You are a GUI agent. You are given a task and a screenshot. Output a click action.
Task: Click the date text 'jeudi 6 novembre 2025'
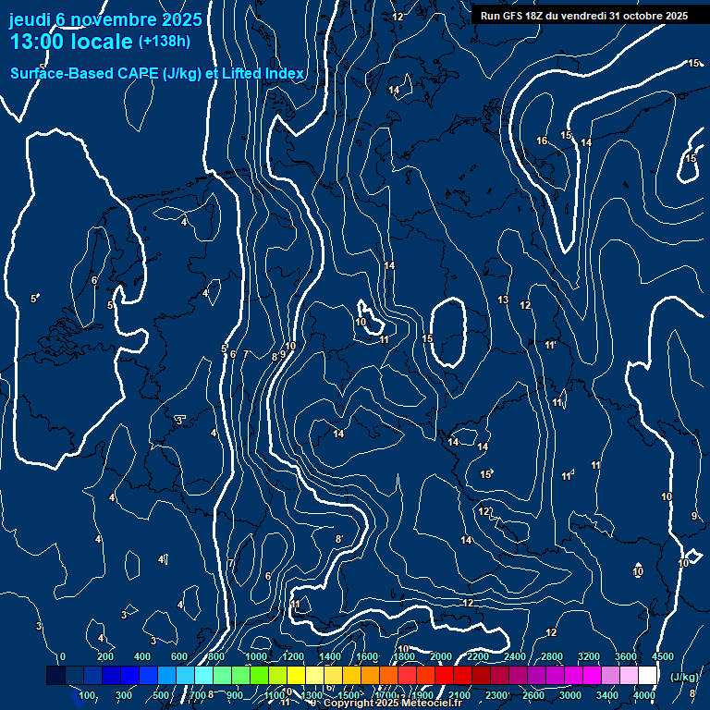tap(105, 19)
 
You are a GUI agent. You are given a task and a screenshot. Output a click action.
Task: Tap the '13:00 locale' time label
tap(71, 42)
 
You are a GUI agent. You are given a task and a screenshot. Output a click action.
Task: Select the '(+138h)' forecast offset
tap(164, 42)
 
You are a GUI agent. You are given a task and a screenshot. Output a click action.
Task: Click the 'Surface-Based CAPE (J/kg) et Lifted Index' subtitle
tap(156, 74)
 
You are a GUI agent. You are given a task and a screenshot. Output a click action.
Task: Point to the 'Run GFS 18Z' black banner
tap(583, 16)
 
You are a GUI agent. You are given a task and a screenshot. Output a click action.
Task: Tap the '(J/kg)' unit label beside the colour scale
tap(685, 677)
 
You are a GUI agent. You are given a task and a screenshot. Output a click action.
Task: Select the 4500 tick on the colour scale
tap(663, 656)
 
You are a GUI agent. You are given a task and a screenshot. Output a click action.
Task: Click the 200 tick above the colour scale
tap(105, 656)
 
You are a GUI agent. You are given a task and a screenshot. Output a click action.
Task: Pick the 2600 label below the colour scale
tap(533, 695)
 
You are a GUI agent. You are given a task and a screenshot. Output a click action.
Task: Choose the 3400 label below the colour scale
tap(607, 695)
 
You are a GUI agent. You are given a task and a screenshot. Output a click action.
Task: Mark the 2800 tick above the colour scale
tap(552, 656)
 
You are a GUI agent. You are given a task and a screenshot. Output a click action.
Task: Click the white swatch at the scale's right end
tap(648, 676)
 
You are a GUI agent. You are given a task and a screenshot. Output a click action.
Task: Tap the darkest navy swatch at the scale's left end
tap(55, 676)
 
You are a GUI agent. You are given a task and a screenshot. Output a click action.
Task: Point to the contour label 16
tap(542, 141)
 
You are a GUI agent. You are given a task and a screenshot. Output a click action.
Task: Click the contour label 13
tap(503, 300)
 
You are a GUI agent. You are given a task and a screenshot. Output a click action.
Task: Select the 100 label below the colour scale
tap(88, 695)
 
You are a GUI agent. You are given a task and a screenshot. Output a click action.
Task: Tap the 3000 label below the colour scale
tap(570, 695)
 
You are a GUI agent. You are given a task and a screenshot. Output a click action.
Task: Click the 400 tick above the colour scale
tap(142, 656)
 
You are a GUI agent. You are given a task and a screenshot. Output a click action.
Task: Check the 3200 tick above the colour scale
tap(589, 656)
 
